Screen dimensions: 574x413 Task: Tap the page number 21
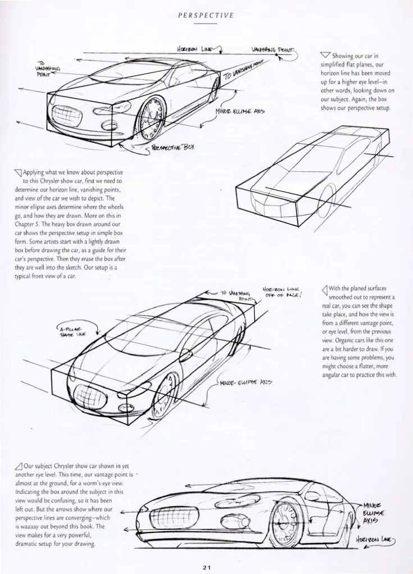coord(207,566)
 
